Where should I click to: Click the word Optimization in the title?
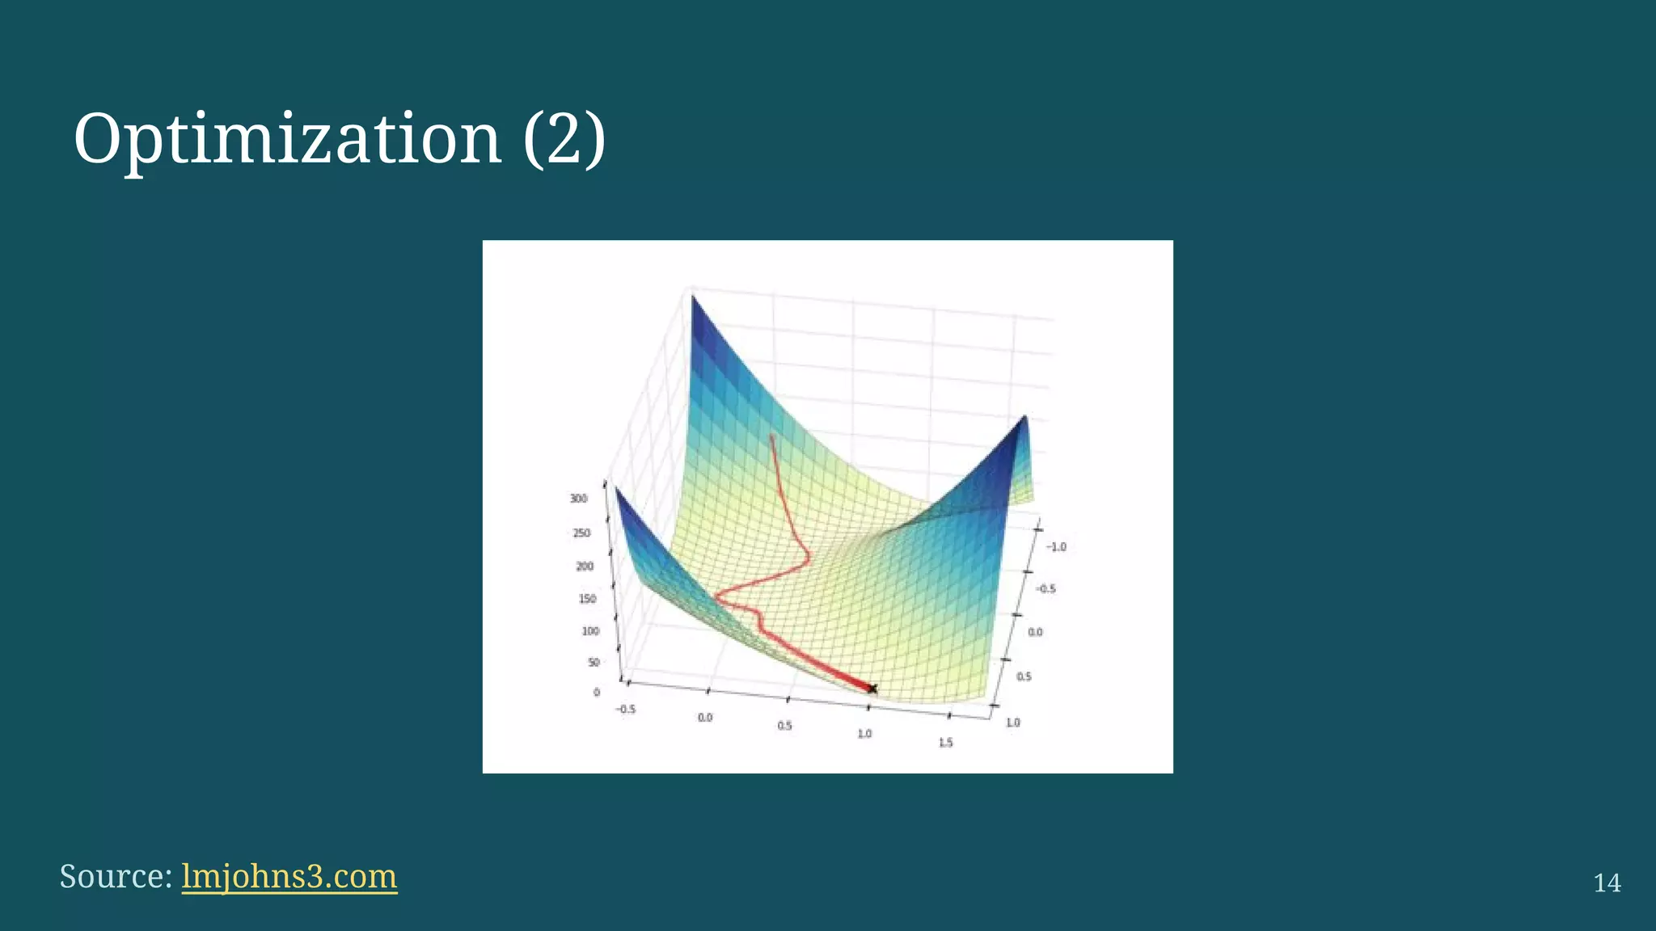coord(287,139)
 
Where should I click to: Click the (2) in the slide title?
coord(564,139)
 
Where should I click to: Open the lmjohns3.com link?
coord(289,876)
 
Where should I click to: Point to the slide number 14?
coord(1607,883)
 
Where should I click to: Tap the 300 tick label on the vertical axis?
coord(578,499)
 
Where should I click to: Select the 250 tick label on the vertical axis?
coord(581,533)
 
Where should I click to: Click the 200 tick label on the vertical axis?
coord(584,566)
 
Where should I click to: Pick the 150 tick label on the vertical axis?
coord(587,599)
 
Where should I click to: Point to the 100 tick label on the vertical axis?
coord(590,630)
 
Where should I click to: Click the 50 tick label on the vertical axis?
coord(594,662)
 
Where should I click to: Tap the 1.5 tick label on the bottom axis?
coord(945,742)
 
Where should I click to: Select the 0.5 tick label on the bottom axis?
coord(784,726)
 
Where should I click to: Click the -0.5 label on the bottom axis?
coord(625,709)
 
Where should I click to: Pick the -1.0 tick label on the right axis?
coord(1056,546)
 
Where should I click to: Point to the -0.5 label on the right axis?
coord(1046,588)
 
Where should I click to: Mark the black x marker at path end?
coord(872,689)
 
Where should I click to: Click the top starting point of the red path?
coord(771,437)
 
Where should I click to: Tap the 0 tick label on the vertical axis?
coord(597,692)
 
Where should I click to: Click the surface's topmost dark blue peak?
coord(693,301)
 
